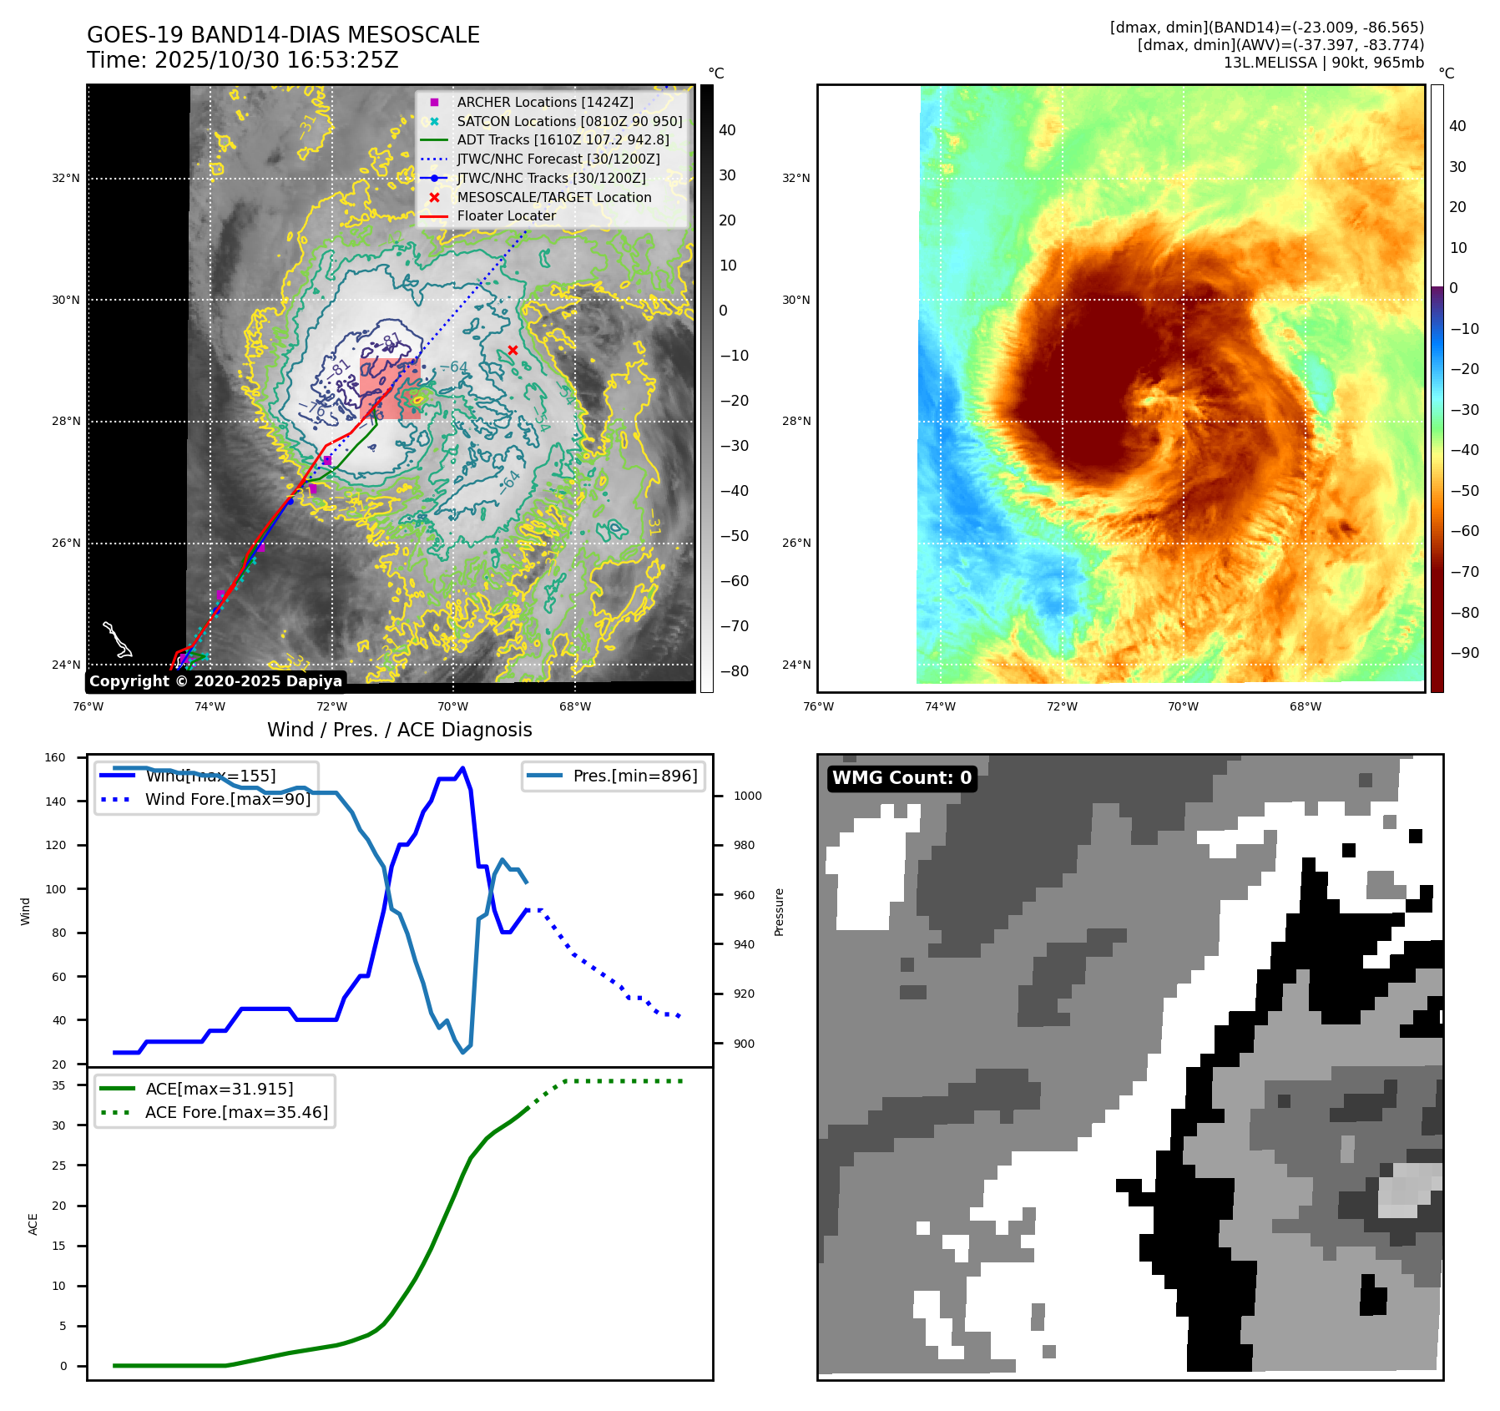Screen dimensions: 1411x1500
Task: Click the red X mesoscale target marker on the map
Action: click(x=513, y=351)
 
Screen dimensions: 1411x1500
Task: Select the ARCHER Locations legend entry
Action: click(x=544, y=102)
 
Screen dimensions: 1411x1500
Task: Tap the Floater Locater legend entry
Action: click(x=506, y=215)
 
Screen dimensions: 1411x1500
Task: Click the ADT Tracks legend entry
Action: click(x=563, y=139)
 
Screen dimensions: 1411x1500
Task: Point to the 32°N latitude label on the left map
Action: click(x=66, y=178)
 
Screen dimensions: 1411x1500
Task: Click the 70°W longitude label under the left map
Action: click(x=453, y=706)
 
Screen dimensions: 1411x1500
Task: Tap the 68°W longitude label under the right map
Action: click(x=1306, y=706)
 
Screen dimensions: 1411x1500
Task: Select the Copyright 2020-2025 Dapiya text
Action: click(x=215, y=681)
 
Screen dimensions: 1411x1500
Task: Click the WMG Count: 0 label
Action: click(x=902, y=778)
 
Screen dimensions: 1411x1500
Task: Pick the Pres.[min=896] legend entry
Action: click(x=634, y=776)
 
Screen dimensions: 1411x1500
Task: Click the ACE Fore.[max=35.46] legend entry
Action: click(x=236, y=1112)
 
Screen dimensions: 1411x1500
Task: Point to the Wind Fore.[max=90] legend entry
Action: click(x=227, y=799)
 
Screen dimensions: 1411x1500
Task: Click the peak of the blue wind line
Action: click(x=463, y=768)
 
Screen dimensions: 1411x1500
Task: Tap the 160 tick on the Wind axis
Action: click(x=55, y=757)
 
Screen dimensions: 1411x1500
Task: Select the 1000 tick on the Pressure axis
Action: click(x=747, y=796)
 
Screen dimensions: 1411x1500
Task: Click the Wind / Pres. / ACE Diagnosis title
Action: click(x=399, y=730)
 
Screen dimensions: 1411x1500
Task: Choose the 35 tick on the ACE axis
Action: click(x=58, y=1085)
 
